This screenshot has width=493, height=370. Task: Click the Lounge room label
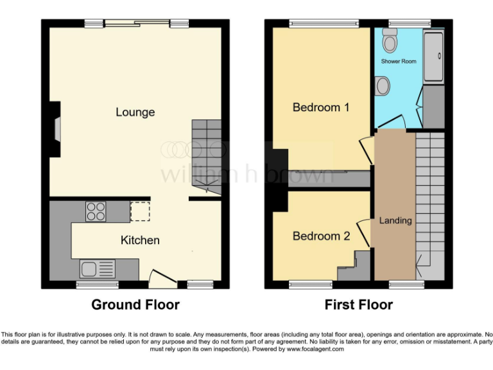(x=135, y=112)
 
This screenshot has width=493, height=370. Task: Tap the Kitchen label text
(x=140, y=240)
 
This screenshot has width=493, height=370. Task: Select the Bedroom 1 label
(x=320, y=107)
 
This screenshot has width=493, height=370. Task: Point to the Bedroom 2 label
(x=321, y=236)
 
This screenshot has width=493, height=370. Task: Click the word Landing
(x=395, y=221)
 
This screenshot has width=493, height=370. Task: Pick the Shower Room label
(x=399, y=62)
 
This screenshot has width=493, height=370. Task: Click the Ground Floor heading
(x=135, y=304)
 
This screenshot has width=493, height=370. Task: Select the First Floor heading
(x=358, y=304)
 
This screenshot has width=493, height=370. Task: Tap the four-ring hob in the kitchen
(x=96, y=211)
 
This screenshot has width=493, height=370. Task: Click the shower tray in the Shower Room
(x=433, y=57)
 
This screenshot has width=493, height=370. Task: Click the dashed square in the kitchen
(x=139, y=211)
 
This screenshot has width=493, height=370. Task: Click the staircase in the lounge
(x=205, y=154)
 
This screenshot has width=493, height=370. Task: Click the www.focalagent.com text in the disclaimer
(x=315, y=349)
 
